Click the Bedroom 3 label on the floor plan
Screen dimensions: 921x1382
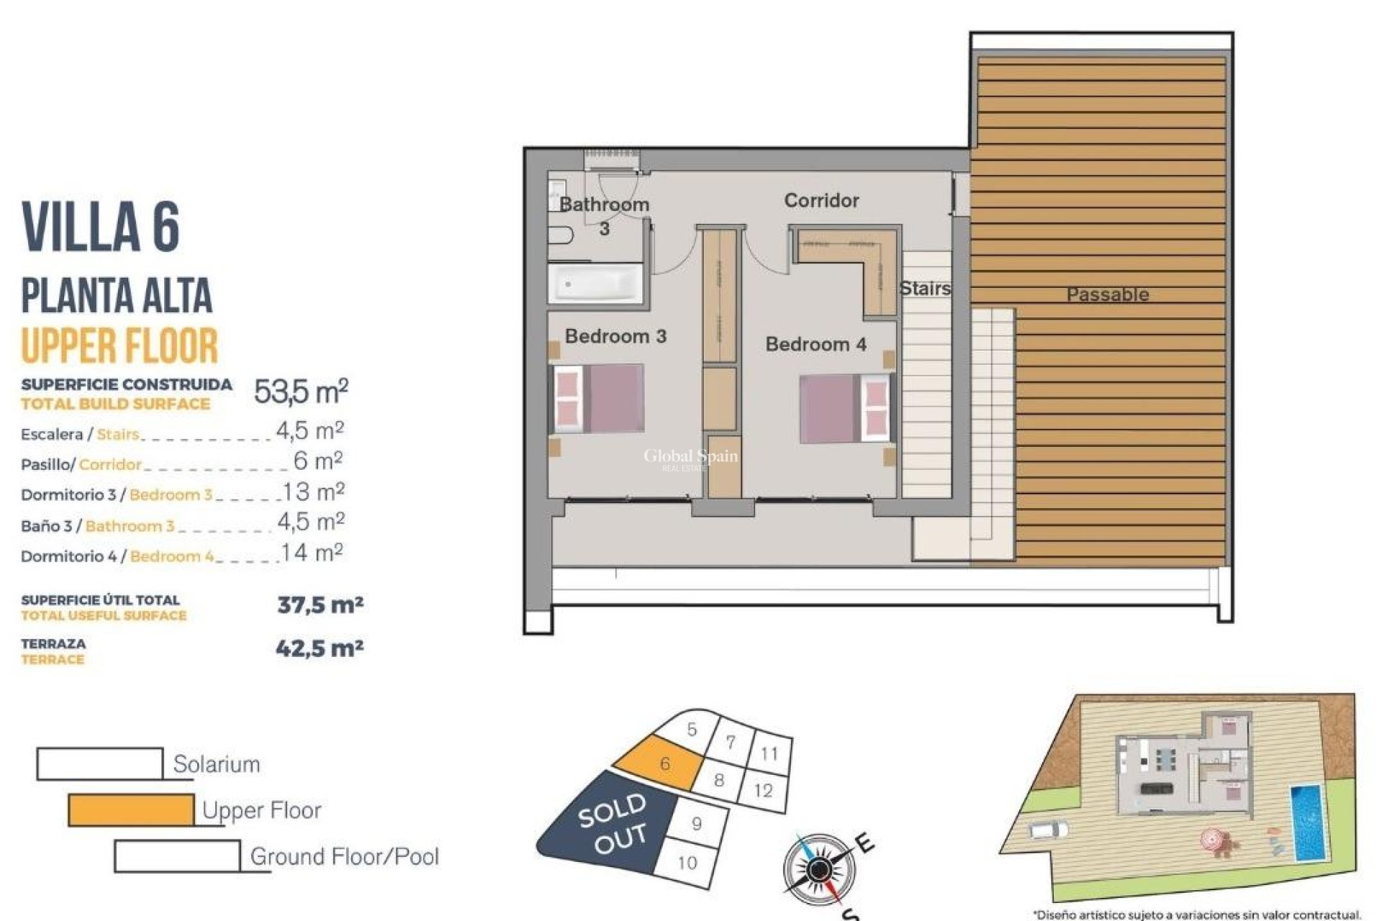click(615, 336)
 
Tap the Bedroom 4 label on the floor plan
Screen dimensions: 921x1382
click(816, 345)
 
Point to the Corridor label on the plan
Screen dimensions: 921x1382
click(821, 201)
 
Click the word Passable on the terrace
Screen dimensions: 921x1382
click(1107, 294)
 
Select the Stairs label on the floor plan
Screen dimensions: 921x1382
click(925, 289)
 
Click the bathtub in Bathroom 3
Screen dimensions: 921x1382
click(595, 284)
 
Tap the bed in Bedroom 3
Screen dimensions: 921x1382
click(597, 398)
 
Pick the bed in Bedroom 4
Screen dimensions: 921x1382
click(846, 408)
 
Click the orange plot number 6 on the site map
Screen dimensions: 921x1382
click(664, 763)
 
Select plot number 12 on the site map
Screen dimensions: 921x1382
click(763, 790)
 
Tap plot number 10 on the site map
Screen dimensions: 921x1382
click(687, 861)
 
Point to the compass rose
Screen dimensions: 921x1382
click(818, 870)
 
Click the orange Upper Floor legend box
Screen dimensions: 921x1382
click(131, 810)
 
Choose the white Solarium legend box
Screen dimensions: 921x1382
click(99, 764)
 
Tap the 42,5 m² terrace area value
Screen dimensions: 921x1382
click(320, 648)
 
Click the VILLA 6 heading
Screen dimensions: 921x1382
click(101, 227)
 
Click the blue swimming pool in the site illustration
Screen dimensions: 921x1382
click(1306, 823)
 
